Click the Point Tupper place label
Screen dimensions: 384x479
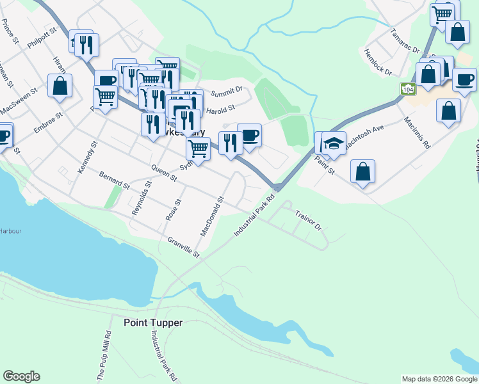click(x=153, y=323)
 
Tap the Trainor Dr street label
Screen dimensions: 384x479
click(x=307, y=218)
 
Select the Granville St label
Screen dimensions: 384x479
click(x=184, y=248)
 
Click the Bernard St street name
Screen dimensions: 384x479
click(x=115, y=180)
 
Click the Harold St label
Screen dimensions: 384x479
click(x=220, y=108)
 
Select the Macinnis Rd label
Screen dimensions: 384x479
click(x=417, y=133)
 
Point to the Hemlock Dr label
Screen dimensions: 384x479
click(x=378, y=62)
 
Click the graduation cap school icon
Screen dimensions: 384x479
click(x=334, y=143)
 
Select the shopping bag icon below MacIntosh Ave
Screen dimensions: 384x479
click(x=362, y=171)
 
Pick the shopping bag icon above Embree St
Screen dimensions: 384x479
click(x=60, y=86)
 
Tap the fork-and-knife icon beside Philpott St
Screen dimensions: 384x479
click(x=86, y=44)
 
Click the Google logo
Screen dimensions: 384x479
click(x=21, y=376)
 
